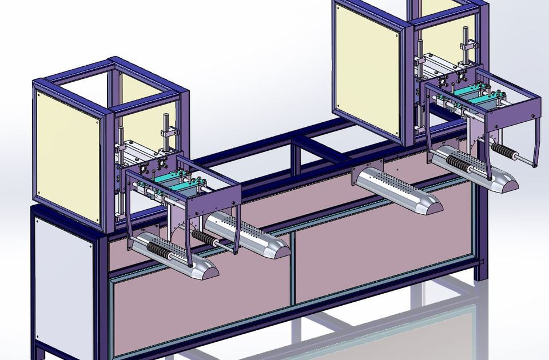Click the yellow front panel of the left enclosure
pyautogui.click(x=69, y=149)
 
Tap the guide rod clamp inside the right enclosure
pyautogui.click(x=466, y=46)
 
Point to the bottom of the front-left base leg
pyautogui.click(x=40, y=351)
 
